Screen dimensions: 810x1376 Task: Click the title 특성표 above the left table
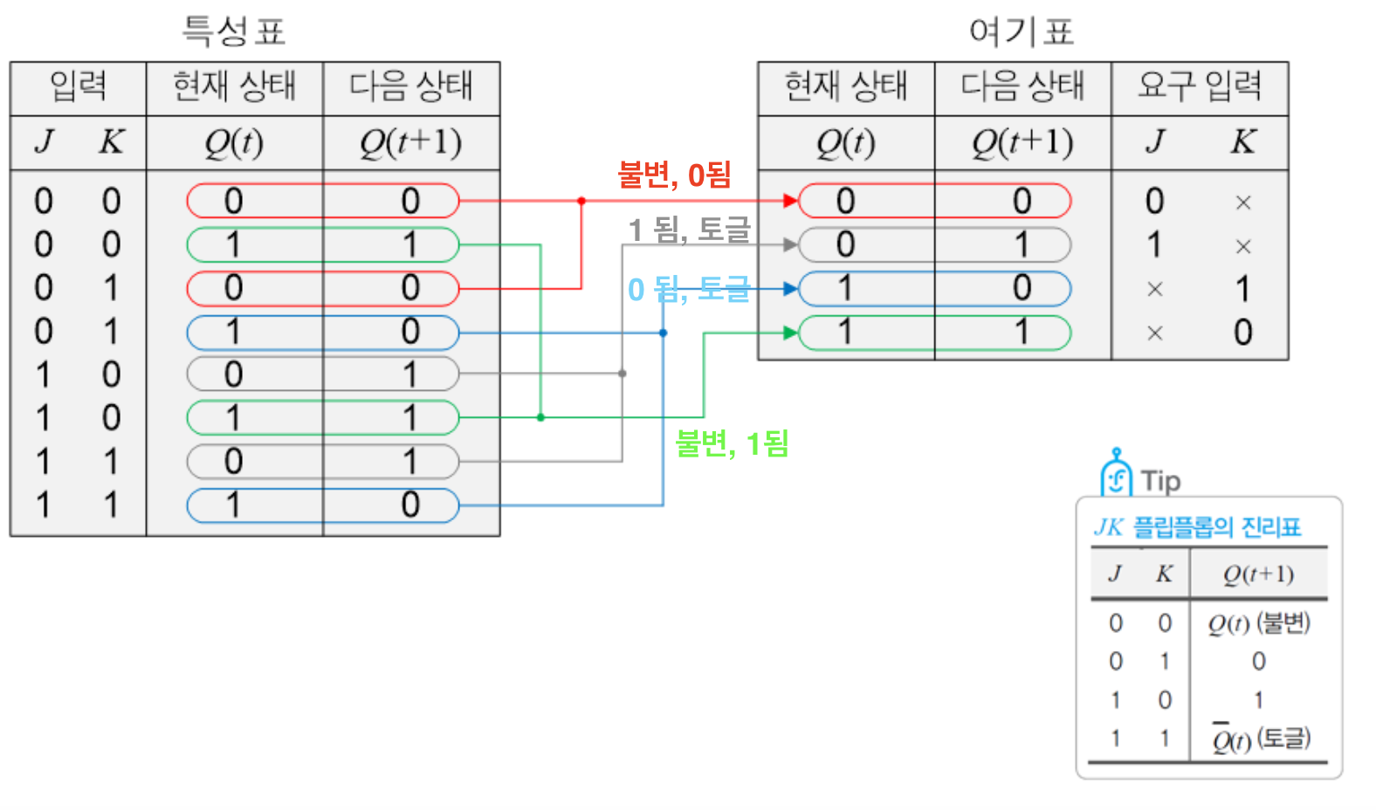click(233, 31)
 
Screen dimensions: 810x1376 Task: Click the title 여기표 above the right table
click(1021, 31)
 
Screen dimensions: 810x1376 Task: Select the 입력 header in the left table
click(78, 86)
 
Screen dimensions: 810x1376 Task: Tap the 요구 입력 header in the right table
click(1199, 86)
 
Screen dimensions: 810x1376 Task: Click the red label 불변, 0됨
click(674, 175)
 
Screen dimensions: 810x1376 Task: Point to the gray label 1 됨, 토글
click(689, 230)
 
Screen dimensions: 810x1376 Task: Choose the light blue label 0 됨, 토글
click(689, 289)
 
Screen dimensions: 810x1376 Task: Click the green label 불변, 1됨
click(732, 443)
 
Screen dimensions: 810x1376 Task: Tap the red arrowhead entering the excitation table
click(790, 201)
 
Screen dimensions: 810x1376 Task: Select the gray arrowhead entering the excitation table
click(790, 244)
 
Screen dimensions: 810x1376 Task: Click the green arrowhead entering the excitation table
click(790, 333)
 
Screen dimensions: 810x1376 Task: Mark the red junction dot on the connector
click(581, 201)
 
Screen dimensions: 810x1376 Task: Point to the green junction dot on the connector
click(540, 417)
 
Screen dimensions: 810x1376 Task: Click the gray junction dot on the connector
click(623, 374)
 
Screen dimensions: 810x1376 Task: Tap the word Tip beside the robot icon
click(1160, 481)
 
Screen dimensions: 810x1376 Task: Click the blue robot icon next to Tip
click(1116, 474)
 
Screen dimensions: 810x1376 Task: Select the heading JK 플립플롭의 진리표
click(1197, 527)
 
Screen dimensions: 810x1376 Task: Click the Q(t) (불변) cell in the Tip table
click(1258, 623)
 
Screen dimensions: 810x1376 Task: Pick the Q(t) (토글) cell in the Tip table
click(1261, 739)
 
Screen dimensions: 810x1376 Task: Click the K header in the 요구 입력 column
click(1242, 141)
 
